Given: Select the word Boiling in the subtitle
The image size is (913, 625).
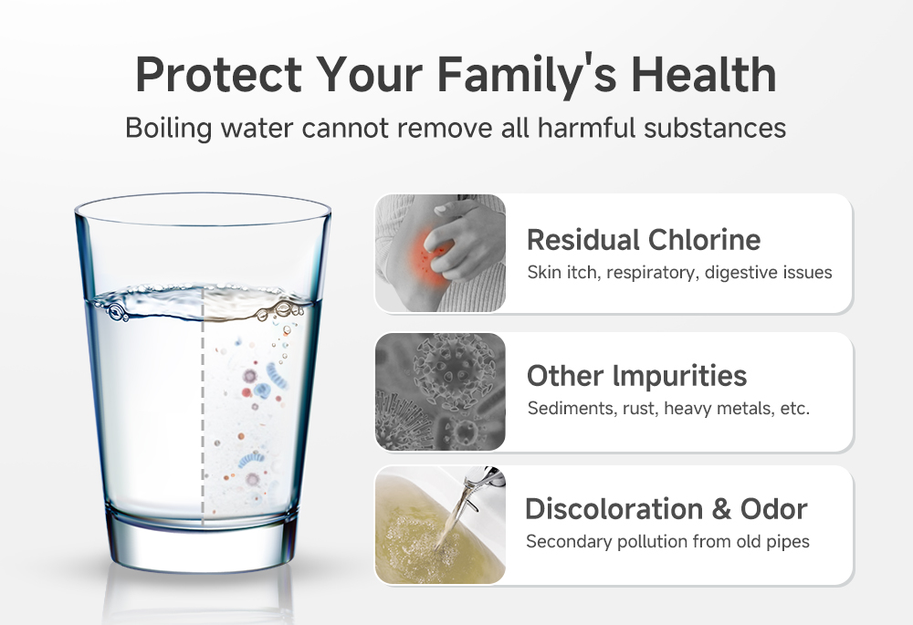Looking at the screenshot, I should click(167, 127).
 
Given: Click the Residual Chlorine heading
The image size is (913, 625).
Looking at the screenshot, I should click(644, 239).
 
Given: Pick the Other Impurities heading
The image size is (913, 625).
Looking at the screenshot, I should click(636, 375).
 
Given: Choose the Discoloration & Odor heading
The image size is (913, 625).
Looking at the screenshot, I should click(666, 509).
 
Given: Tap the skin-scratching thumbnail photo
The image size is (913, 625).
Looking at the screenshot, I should click(440, 253).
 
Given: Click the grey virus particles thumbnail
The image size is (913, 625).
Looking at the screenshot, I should click(440, 391).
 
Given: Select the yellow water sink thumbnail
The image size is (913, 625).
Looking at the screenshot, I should click(440, 526).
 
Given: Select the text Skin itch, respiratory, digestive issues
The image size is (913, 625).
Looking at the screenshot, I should click(679, 272).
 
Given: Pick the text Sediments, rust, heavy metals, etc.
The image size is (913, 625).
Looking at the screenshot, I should click(668, 408).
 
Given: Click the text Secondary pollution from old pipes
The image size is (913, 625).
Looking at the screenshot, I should click(667, 542).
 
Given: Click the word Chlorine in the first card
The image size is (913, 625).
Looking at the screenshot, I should click(704, 239).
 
